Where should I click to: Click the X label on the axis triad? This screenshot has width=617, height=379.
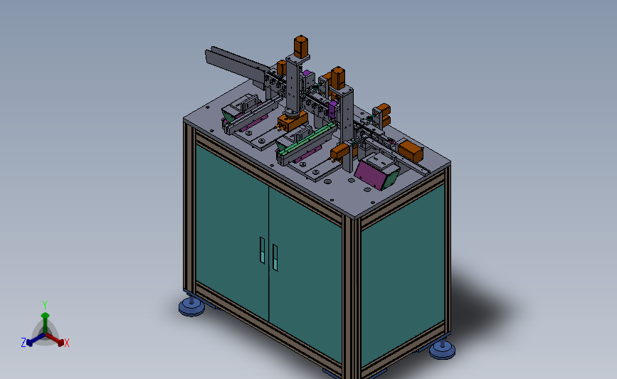point(67,343)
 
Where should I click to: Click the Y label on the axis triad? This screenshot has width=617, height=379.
point(45,304)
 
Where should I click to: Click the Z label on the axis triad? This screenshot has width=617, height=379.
point(23,343)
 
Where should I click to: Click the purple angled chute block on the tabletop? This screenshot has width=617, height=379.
point(376,172)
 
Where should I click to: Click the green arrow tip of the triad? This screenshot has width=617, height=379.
point(45,314)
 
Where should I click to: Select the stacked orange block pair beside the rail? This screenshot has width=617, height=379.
point(382,114)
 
